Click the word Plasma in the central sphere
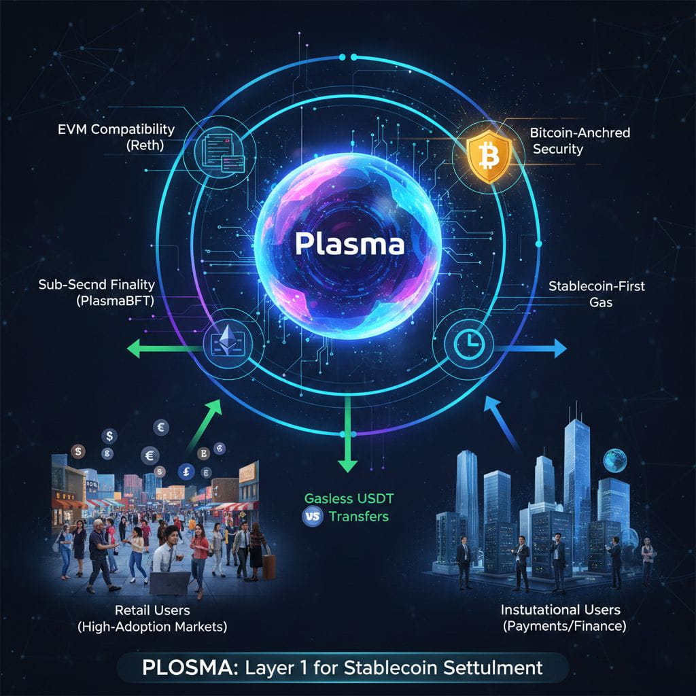349,244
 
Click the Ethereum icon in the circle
228,338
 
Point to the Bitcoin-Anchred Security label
579,141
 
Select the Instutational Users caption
560,610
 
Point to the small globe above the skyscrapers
615,459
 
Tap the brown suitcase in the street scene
269,565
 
